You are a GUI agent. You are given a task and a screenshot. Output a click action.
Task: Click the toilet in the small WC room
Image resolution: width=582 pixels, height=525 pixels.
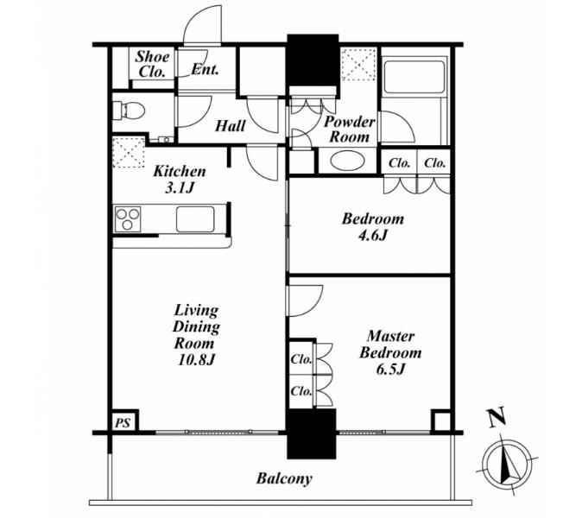pos(129,111)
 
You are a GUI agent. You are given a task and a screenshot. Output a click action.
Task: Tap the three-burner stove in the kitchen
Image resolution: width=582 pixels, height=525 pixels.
pos(128,219)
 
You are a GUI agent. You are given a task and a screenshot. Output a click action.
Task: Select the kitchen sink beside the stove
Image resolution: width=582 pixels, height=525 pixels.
pos(195,219)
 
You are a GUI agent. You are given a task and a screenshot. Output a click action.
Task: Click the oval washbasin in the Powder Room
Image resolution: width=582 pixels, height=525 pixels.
pos(347,161)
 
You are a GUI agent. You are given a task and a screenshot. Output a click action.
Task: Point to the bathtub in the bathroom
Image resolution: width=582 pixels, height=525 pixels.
pos(414,77)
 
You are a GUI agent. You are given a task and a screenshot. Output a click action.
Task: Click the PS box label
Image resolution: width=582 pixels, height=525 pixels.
pos(122,423)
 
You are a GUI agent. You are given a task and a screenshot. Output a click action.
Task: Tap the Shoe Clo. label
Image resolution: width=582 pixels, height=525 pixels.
pos(152,64)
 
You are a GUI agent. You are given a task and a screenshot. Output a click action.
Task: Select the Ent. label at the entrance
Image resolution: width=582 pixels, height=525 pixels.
pos(205,69)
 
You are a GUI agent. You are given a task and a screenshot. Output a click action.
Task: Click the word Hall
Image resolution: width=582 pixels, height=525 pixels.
pos(231,126)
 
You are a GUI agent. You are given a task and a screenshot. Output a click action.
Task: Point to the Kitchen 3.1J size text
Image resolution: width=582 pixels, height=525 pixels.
pos(180,180)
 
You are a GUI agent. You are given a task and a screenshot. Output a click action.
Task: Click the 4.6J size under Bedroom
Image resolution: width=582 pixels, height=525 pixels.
pos(372,235)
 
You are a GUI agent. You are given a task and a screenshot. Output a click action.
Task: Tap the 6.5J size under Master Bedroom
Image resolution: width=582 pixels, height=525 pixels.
pos(390,370)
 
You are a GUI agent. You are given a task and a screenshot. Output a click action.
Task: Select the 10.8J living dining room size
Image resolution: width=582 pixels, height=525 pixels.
pos(196,359)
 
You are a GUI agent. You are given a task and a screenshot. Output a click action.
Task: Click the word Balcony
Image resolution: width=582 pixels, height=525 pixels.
pos(284,478)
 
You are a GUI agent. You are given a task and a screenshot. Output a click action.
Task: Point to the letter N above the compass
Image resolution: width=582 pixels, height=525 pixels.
pos(497,416)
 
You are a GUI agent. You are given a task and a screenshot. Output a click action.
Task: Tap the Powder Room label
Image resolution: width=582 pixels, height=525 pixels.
pos(349,130)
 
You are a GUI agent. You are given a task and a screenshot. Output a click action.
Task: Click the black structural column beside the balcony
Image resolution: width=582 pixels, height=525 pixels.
pos(312,433)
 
